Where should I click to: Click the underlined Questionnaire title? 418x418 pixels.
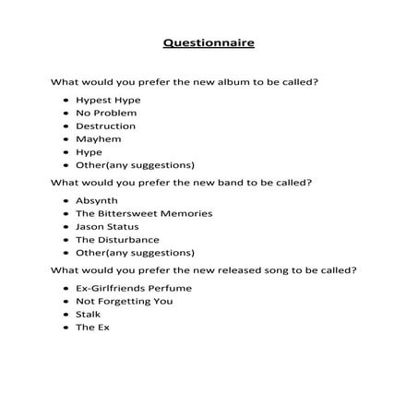click(209, 43)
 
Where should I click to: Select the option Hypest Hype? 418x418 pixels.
click(103, 100)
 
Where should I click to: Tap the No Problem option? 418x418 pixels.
click(106, 113)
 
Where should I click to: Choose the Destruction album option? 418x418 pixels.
click(105, 125)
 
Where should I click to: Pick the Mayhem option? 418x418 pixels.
click(98, 138)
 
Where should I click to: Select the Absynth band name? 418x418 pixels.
click(97, 200)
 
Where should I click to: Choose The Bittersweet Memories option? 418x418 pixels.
click(144, 213)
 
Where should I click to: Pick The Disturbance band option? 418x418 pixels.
click(117, 239)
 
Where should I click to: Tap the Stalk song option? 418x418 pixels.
click(89, 314)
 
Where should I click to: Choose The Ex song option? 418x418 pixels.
click(92, 327)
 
